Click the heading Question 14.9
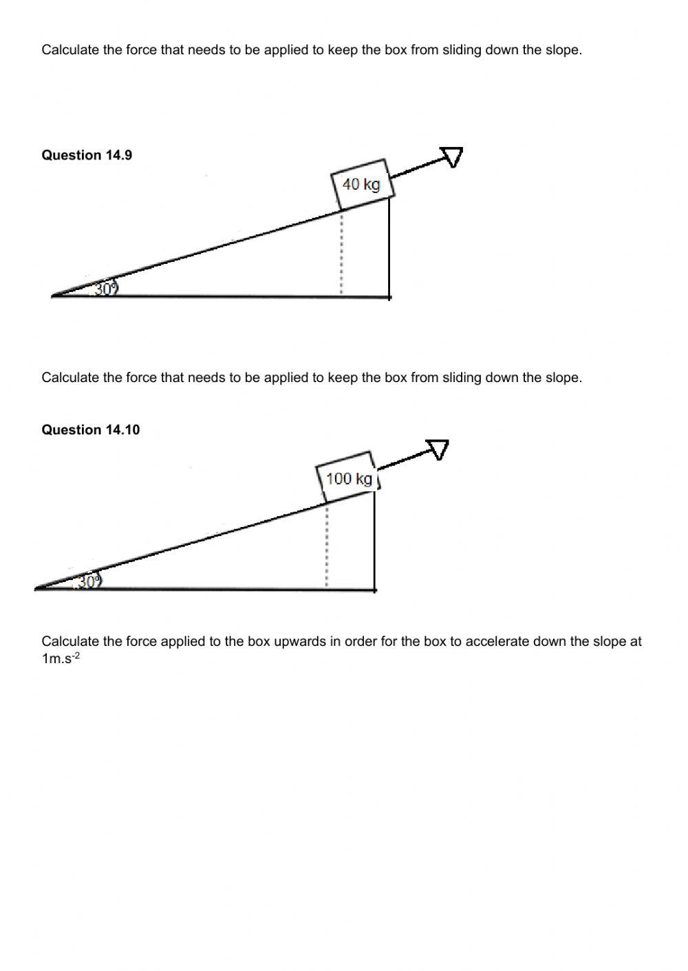pos(87,155)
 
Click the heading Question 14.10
pos(90,430)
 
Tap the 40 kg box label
pos(361,184)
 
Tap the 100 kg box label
pos(349,478)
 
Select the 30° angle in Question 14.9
pos(105,289)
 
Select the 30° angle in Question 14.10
pos(89,581)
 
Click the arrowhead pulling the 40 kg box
pos(452,157)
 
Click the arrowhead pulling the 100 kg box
pos(438,449)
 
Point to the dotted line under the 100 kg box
pos(327,546)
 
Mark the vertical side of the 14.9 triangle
pos(389,247)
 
